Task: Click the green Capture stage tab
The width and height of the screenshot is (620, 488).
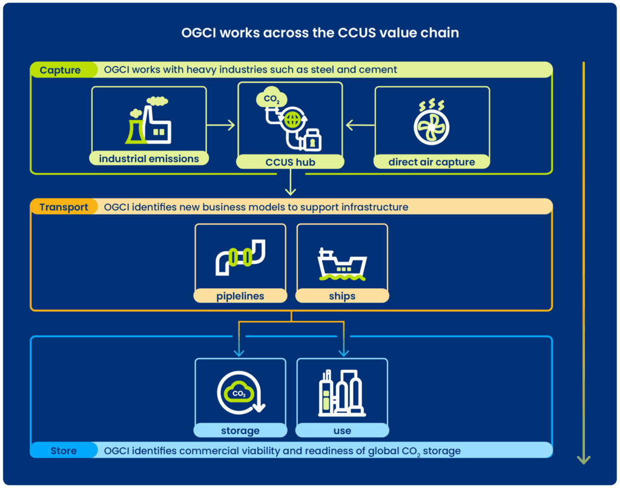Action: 61,70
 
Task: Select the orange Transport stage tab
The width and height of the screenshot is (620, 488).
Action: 64,207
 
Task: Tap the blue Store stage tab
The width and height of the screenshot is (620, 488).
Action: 63,450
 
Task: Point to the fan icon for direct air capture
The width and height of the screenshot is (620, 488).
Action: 431,125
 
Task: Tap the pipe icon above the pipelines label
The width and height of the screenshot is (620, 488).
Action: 240,257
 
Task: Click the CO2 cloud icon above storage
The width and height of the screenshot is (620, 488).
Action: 240,394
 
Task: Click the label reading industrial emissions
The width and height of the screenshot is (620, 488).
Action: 149,159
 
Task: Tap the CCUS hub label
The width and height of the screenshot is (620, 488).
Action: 290,162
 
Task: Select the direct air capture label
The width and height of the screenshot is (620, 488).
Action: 432,162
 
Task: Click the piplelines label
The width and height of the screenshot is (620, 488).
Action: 240,296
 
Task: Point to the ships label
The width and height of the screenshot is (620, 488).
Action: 342,296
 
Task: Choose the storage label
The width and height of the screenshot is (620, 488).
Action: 240,430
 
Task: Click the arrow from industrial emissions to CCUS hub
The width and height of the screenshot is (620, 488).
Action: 220,125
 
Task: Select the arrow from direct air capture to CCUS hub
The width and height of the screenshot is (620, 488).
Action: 360,125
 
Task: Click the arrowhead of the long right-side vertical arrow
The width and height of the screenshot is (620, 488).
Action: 583,460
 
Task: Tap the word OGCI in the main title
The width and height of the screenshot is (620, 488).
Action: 199,33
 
